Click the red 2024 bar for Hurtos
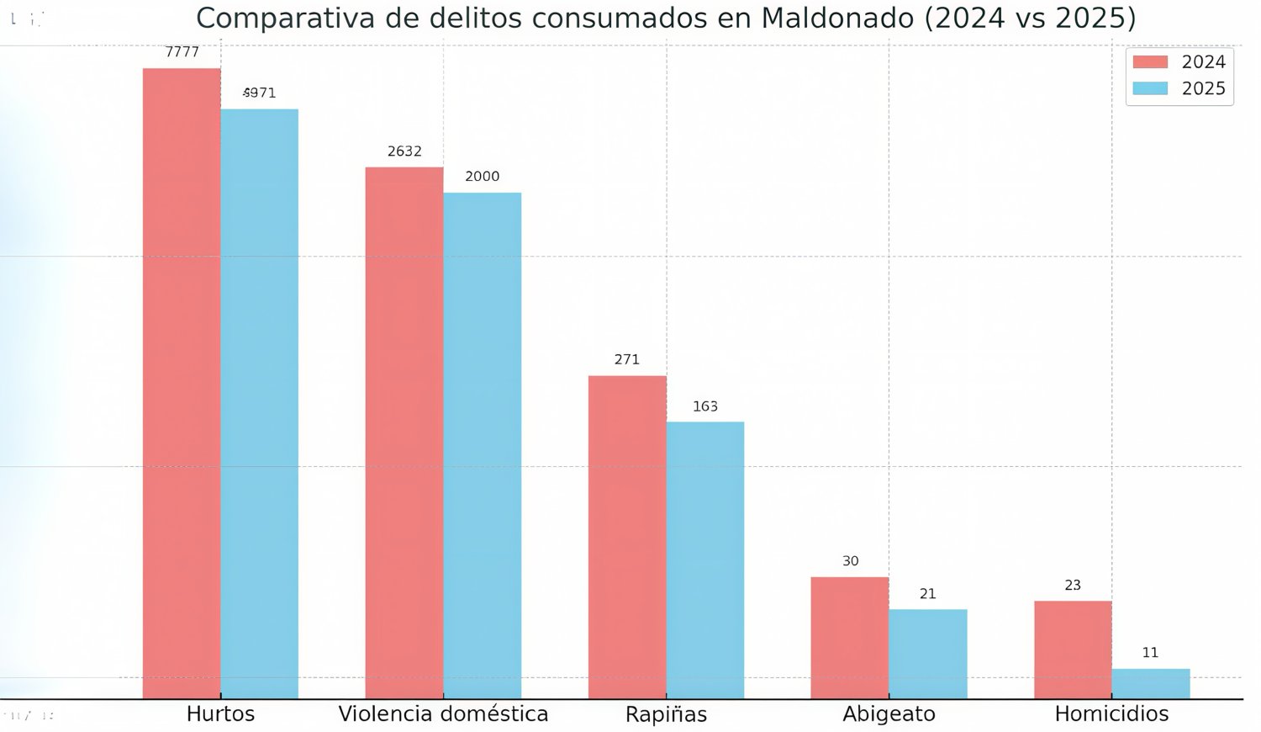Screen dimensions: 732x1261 click(x=182, y=383)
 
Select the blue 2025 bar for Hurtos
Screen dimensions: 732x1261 click(x=259, y=404)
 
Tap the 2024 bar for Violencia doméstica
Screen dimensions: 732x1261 click(x=404, y=432)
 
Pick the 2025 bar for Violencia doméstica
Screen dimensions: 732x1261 click(x=482, y=445)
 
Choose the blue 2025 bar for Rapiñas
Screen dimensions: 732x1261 click(x=704, y=560)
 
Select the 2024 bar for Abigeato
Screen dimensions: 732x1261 click(x=850, y=637)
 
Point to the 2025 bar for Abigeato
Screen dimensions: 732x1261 click(x=927, y=653)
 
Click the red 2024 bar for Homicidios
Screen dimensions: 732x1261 click(x=1073, y=649)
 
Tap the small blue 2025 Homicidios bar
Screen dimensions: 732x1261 click(x=1150, y=683)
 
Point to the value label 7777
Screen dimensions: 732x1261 click(x=182, y=52)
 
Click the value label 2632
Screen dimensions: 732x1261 click(x=404, y=151)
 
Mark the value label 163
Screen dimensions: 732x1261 click(x=704, y=406)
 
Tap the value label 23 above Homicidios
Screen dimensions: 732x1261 click(x=1073, y=585)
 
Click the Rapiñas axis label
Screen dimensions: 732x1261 click(x=666, y=714)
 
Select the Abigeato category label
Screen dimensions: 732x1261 click(x=889, y=714)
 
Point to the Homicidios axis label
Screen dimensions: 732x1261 click(x=1111, y=714)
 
